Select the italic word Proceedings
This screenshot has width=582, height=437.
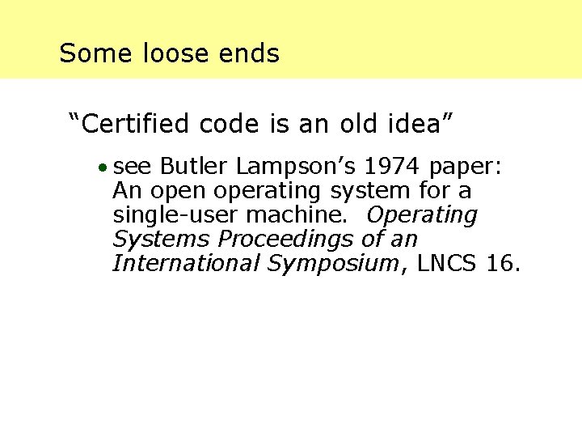pyautogui.click(x=287, y=240)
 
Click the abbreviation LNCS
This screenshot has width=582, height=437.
pyautogui.click(x=444, y=264)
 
